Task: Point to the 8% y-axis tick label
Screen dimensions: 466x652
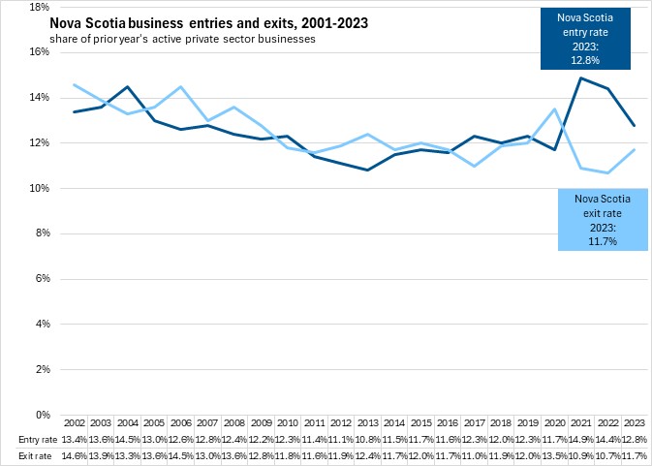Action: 42,233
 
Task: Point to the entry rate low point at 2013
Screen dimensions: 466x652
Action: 367,171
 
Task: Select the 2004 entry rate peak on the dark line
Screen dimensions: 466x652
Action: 127,86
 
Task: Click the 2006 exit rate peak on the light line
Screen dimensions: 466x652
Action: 180,86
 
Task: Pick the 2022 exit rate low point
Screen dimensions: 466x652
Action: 606,172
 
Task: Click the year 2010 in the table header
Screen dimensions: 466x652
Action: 287,424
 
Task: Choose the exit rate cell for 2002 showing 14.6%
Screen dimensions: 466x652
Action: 75,454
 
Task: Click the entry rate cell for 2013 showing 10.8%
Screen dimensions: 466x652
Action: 367,440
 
